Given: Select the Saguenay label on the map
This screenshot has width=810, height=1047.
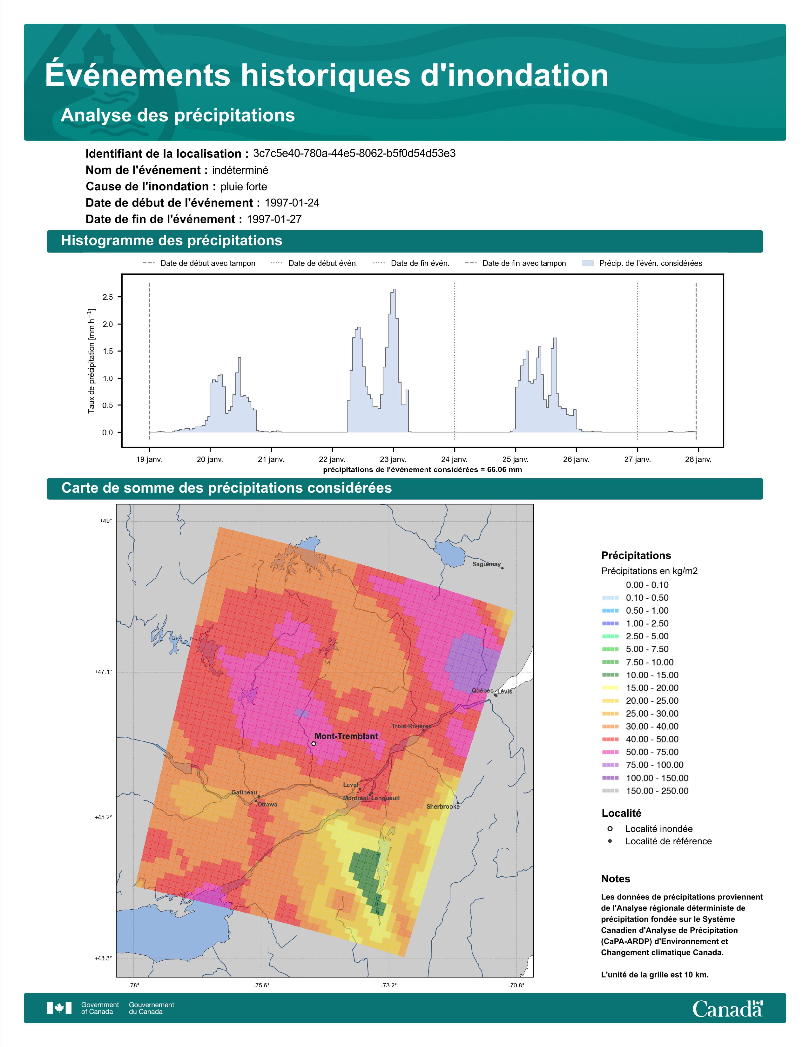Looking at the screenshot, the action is pos(487,564).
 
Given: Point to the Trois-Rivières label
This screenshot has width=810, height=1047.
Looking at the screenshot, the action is pos(411,726).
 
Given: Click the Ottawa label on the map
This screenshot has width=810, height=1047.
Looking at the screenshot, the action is pos(267,804).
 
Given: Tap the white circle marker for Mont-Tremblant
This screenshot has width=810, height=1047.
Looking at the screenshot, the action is pos(313,744).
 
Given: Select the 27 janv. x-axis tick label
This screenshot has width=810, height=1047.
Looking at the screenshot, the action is pos(637,459).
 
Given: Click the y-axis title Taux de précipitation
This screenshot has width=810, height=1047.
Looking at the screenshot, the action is pos(91,361).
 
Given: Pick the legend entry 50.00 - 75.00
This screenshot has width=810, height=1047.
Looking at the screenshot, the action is pos(651,752).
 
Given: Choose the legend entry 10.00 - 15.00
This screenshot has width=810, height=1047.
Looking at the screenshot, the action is pos(651,675).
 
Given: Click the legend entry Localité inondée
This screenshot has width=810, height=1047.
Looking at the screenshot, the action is pos(658,829).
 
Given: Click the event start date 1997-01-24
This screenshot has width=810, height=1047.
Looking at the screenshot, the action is pos(292,203).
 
